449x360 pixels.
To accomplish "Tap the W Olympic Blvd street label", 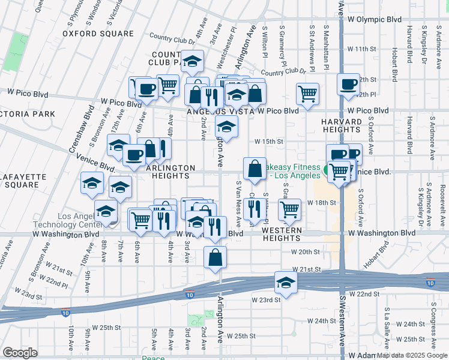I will [x=374, y=19].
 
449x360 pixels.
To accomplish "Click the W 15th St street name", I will [x=268, y=142].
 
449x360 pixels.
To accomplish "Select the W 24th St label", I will [x=411, y=324].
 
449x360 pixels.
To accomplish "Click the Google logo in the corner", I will [x=20, y=353].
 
